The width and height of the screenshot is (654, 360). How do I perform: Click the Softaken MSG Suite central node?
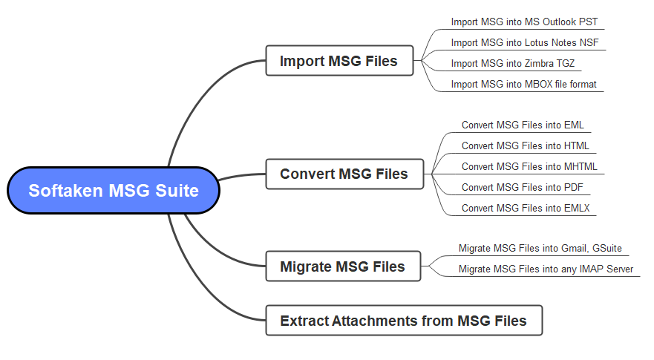114,191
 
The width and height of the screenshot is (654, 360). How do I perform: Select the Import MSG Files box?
339,61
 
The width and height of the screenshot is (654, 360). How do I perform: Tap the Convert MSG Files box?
344,174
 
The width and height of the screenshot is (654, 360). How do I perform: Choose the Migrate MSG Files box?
342,266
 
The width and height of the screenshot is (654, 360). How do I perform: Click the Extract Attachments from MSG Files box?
403,321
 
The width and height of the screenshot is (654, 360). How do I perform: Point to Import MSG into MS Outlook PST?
524,22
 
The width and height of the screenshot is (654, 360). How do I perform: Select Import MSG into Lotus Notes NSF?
524,43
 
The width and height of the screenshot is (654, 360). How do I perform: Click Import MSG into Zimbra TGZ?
512,64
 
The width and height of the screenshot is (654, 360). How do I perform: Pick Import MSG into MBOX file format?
523,85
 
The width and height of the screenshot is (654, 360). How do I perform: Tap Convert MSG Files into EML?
522,125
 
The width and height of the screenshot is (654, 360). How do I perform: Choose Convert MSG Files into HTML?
525,145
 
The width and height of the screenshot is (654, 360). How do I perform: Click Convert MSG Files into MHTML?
529,166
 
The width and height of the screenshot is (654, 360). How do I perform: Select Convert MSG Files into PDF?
522,187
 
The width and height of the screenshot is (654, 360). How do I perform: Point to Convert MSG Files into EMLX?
525,208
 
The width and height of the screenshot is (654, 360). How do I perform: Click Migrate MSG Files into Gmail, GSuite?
540,248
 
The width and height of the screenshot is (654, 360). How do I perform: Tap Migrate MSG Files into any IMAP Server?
546,269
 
